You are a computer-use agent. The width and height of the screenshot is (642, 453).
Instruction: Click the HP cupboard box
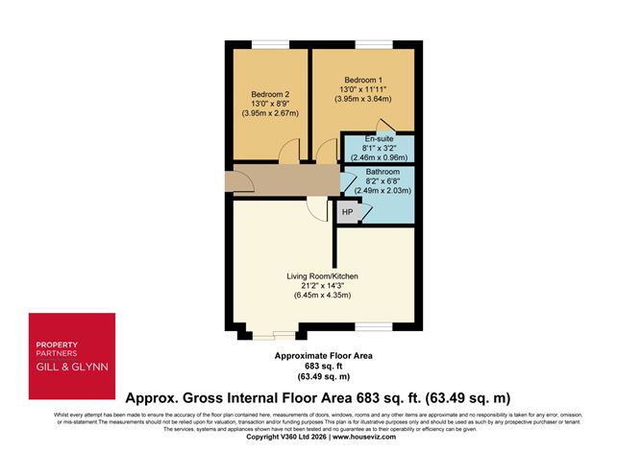(346, 213)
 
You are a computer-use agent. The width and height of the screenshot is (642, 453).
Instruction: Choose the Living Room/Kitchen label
(322, 276)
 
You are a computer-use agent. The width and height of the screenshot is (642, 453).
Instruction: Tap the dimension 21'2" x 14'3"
(322, 286)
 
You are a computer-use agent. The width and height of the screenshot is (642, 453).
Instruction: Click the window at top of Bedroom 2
(267, 42)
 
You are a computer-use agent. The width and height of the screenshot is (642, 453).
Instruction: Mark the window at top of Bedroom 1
(369, 42)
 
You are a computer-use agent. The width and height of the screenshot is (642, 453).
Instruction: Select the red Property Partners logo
(72, 354)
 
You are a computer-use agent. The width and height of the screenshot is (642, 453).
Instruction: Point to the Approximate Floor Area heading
(320, 355)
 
